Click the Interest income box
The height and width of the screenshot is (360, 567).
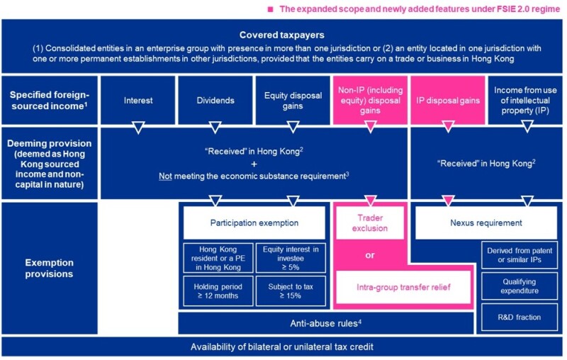point(137,100)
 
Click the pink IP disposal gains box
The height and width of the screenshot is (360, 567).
point(447,100)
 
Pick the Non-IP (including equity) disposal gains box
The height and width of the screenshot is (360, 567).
point(369,100)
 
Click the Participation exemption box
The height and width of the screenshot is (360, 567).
point(253,223)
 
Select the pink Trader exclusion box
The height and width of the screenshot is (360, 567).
point(369,222)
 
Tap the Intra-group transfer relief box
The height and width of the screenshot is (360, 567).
point(402,287)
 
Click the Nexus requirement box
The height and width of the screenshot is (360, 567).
point(485,223)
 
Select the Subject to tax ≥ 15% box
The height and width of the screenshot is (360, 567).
point(291,291)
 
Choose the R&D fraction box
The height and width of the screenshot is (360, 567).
point(524,317)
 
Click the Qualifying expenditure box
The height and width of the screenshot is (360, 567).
point(524,286)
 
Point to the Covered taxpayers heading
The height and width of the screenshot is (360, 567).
point(283,34)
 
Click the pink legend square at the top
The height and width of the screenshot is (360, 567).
point(269,9)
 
